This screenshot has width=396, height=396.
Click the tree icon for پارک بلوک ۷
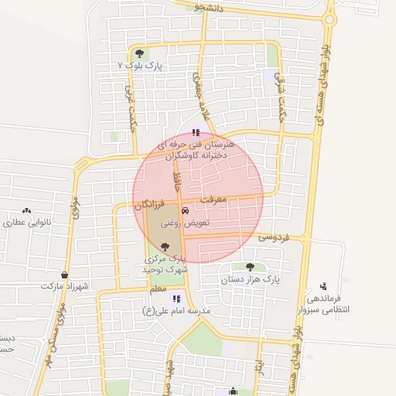(139, 53)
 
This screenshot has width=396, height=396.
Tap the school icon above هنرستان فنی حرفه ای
(196, 132)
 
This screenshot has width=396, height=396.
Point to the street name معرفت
(213, 200)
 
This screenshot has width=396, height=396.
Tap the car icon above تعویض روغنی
(185, 210)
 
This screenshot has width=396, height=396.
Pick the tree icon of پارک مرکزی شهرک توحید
(164, 247)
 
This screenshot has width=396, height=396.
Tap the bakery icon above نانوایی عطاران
(27, 210)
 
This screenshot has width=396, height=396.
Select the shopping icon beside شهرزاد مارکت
(63, 275)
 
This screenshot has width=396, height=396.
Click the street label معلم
(158, 288)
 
